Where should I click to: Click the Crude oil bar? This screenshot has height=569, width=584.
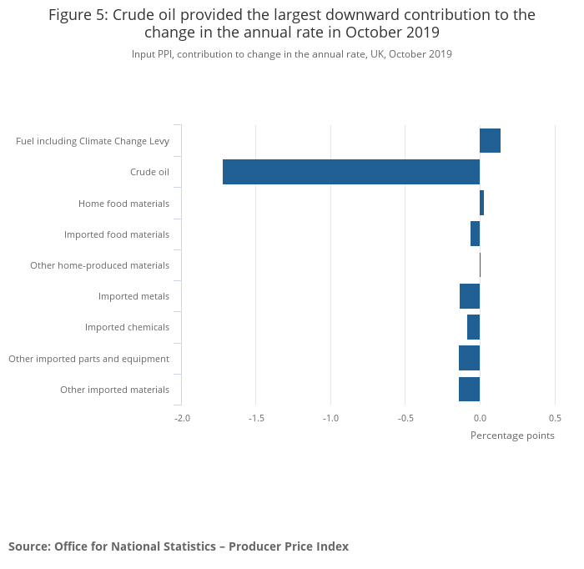click(x=350, y=172)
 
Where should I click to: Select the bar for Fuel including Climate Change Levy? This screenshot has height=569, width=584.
click(x=490, y=141)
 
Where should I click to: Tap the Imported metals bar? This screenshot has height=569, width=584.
click(x=470, y=296)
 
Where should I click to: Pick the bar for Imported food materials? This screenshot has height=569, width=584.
click(x=475, y=234)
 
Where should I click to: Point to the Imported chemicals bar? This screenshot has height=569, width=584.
click(x=473, y=327)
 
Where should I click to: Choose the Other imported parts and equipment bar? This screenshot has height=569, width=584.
click(x=469, y=358)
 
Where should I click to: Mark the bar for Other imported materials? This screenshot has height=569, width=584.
click(x=469, y=389)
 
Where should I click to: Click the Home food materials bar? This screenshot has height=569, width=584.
click(x=481, y=203)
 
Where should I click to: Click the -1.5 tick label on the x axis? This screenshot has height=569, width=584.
click(x=256, y=418)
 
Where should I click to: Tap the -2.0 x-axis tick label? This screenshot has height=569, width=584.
click(x=182, y=418)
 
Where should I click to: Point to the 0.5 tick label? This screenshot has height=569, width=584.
click(x=555, y=418)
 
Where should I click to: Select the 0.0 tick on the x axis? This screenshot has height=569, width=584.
click(x=480, y=418)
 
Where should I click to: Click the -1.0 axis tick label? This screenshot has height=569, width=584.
click(x=330, y=418)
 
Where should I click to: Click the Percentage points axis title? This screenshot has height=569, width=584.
click(x=512, y=436)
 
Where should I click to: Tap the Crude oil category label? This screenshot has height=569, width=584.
click(x=149, y=173)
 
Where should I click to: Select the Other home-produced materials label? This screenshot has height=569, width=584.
click(x=99, y=265)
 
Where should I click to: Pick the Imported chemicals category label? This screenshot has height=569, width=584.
click(x=127, y=327)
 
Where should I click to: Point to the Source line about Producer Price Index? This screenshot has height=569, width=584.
click(x=179, y=546)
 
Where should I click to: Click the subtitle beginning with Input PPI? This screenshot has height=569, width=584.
click(x=291, y=54)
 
